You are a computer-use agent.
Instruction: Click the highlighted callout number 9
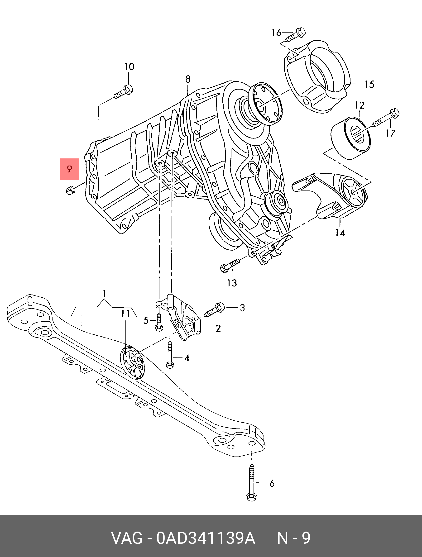tap(69, 169)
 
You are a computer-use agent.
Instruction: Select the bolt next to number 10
tap(124, 92)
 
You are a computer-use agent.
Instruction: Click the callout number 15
tap(369, 84)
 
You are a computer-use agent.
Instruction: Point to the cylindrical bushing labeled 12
tap(350, 138)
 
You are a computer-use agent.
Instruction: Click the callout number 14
tap(340, 232)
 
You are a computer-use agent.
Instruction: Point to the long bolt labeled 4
tap(170, 355)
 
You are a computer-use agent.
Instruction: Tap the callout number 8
tap(188, 79)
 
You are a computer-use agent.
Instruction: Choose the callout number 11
tap(125, 314)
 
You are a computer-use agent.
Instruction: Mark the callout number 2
tap(218, 328)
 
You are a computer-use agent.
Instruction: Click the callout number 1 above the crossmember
tap(104, 293)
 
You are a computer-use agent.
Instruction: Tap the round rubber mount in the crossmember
tap(132, 362)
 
